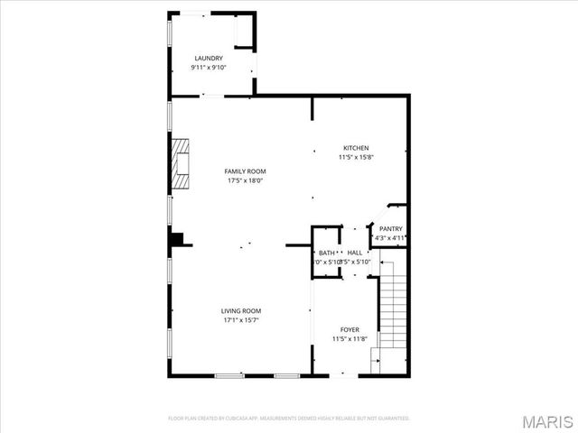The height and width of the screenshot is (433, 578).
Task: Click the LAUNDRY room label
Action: point(208,59)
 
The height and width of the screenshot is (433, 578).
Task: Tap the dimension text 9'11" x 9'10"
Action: point(208,68)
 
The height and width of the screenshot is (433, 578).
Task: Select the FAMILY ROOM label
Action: point(245,171)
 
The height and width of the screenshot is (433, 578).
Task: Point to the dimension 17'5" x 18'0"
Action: point(245,180)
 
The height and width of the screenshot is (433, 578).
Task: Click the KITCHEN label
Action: point(355,148)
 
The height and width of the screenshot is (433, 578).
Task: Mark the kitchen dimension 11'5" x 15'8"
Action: point(355,157)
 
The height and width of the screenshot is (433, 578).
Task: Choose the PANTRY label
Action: point(390,229)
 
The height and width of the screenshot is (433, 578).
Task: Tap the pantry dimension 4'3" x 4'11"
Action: point(390,239)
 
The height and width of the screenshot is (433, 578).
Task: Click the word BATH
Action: point(326,253)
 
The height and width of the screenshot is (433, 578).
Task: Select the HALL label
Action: point(355,253)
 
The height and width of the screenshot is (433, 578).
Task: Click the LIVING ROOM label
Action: point(240,311)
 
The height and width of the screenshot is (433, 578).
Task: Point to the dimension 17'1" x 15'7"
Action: point(240,320)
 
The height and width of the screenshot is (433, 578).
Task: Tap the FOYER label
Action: point(350,329)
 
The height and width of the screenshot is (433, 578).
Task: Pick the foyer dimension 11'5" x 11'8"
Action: point(350,339)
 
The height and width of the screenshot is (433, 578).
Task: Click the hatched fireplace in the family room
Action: point(182,163)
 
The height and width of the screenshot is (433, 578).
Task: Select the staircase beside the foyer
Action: point(392,311)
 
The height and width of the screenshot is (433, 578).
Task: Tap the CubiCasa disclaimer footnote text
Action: point(289,419)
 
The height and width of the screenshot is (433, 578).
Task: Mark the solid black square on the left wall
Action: point(178,238)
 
